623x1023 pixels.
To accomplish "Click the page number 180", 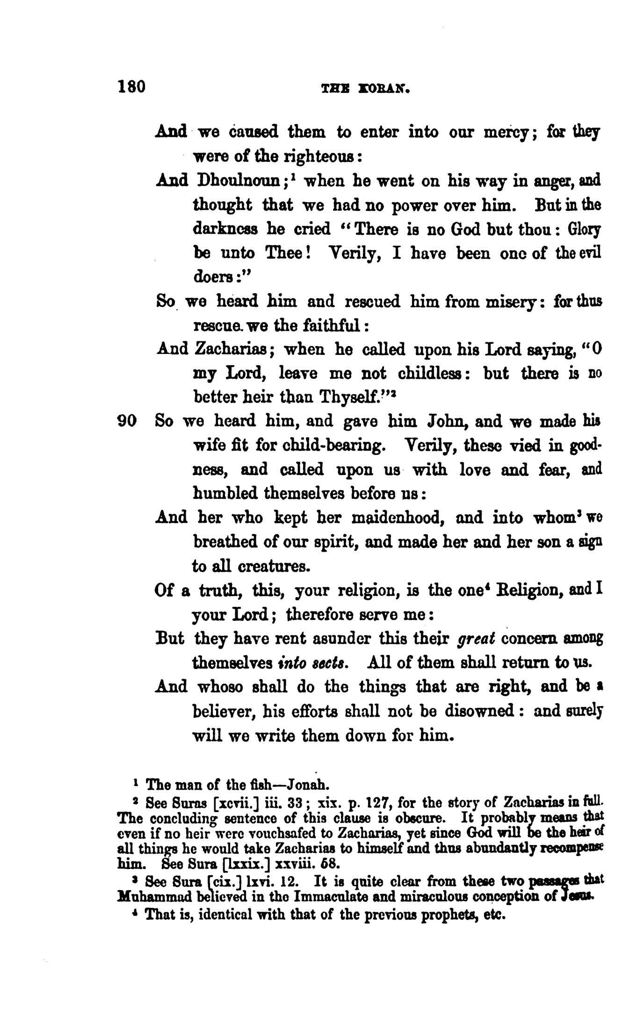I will (x=132, y=87).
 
